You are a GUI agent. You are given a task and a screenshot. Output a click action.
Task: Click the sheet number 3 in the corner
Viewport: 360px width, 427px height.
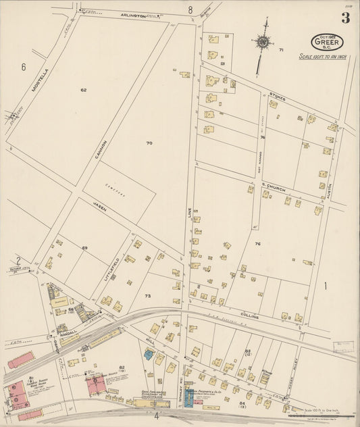pos(345,18)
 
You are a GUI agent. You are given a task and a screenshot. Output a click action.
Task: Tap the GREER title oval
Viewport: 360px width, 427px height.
pos(326,43)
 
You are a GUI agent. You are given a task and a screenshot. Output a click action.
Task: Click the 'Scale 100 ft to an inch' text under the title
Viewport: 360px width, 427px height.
pos(326,57)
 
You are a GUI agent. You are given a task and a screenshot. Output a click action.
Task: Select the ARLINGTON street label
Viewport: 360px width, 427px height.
pos(134,15)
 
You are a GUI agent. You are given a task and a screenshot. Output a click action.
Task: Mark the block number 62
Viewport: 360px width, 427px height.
pos(84,89)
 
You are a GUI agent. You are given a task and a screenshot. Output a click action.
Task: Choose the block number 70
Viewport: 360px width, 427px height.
pos(149,143)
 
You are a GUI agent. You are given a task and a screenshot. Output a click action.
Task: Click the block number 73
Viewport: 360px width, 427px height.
pos(148,295)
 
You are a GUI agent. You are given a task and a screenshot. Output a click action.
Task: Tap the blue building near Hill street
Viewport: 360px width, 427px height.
pos(148,354)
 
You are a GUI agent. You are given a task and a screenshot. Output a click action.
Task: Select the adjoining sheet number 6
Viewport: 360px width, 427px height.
pos(23,66)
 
